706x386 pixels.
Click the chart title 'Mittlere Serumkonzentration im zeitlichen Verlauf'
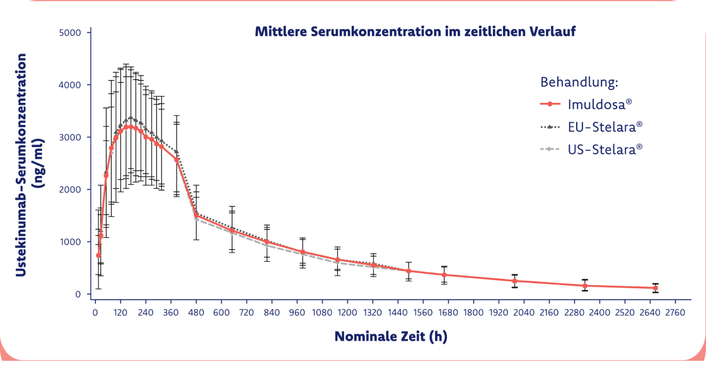point(415,32)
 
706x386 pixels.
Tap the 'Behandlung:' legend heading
point(578,83)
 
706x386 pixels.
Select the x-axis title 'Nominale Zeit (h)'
point(391,336)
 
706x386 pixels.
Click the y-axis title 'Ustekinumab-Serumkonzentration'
point(20,163)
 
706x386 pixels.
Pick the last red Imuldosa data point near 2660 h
point(656,288)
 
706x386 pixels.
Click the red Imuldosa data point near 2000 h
point(515,281)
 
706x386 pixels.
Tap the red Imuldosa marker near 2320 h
point(585,286)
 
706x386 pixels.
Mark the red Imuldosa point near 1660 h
point(444,275)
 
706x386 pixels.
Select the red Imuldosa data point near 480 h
point(197,215)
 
